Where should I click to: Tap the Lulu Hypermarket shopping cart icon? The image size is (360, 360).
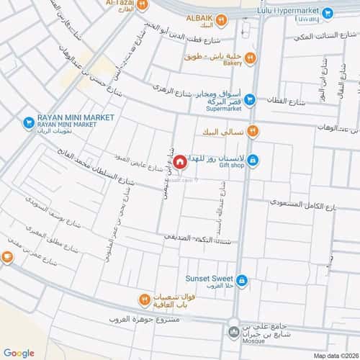coord(328,12)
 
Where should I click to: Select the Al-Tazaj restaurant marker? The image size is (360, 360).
coord(143,4)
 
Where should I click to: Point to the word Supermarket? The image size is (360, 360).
coord(225,111)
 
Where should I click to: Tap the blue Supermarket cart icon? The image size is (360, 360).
coord(251,101)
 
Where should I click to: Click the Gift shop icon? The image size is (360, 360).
coord(253,159)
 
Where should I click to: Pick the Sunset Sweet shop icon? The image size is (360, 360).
coord(243,280)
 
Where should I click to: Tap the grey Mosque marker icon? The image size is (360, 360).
coord(233,332)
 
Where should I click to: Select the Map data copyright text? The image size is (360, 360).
coord(336,355)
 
